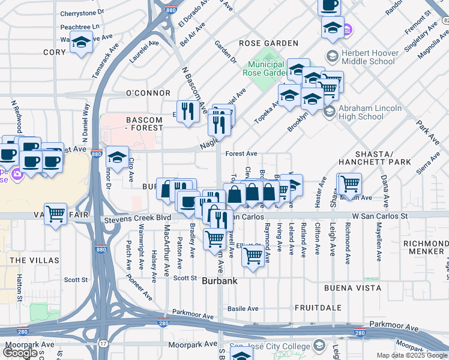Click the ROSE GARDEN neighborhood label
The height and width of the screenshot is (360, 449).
click(268, 43)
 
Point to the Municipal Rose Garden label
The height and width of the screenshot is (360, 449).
click(266, 68)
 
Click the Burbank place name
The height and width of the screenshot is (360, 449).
click(219, 281)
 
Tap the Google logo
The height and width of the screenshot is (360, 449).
click(20, 353)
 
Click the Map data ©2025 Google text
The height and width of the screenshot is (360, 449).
click(412, 355)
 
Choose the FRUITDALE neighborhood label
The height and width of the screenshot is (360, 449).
click(318, 307)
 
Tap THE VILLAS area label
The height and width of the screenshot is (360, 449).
click(34, 260)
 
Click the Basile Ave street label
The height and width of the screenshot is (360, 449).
click(243, 309)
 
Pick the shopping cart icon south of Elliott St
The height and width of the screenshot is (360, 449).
click(253, 256)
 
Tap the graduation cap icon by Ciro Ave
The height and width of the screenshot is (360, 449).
click(117, 157)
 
